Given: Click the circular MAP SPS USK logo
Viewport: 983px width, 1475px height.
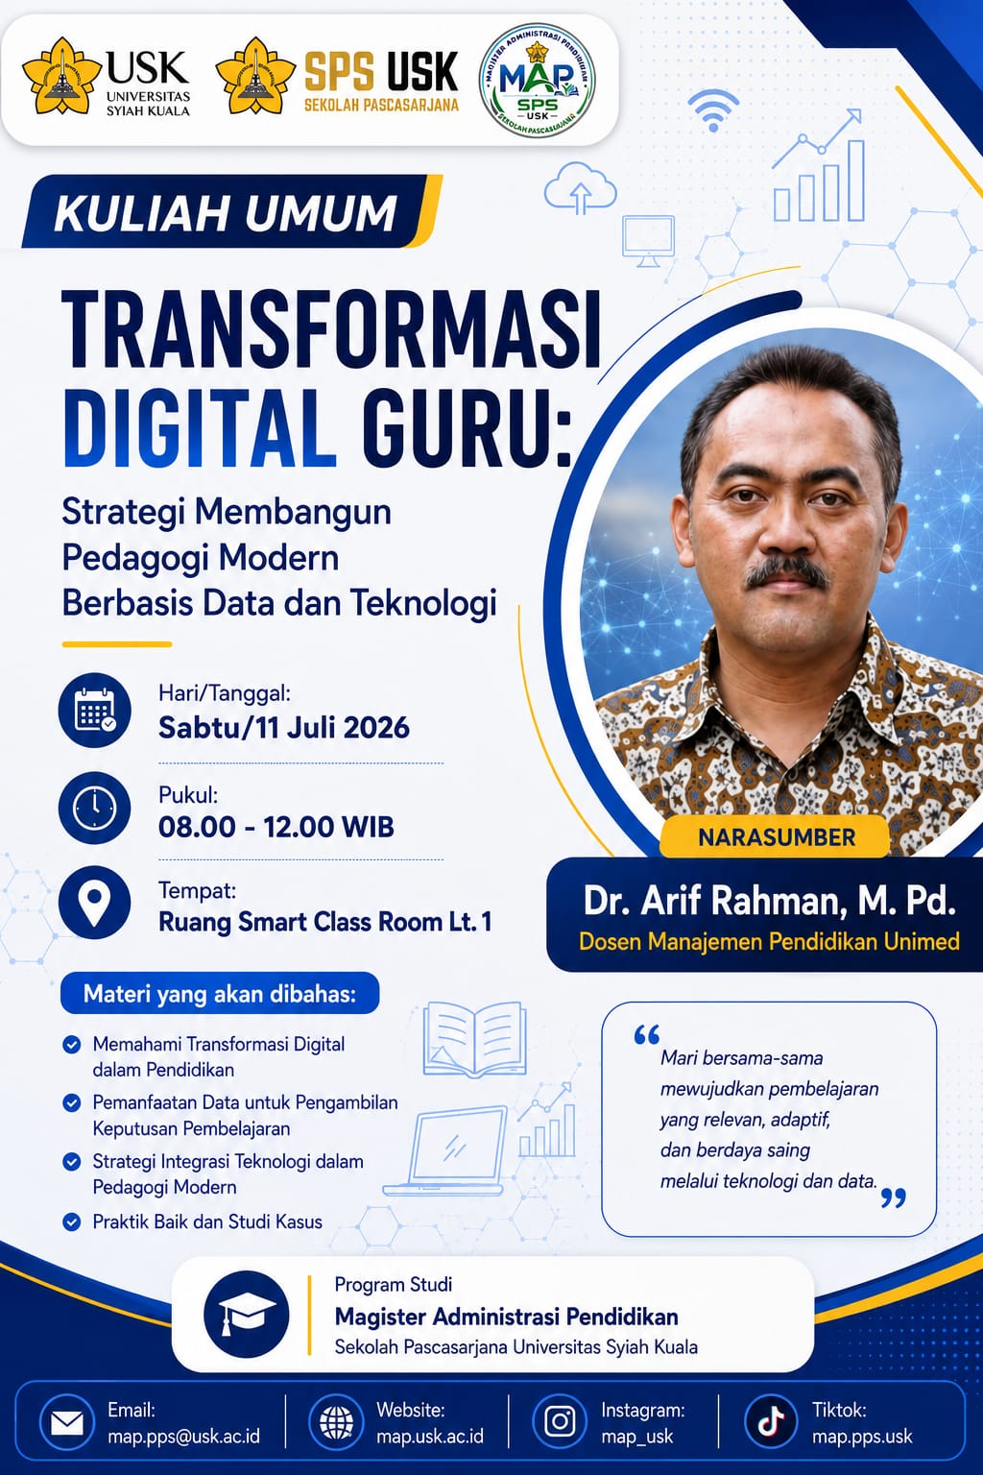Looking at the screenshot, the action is click(538, 81).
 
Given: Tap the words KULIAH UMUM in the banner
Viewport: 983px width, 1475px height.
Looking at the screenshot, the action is click(226, 212).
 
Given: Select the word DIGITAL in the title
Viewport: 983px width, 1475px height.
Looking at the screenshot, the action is click(199, 428).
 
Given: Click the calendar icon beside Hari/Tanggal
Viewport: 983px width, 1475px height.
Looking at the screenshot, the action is click(95, 710).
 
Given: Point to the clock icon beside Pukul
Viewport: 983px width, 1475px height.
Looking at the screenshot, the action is click(95, 808).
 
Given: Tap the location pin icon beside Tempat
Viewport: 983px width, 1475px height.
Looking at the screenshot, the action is click(95, 902).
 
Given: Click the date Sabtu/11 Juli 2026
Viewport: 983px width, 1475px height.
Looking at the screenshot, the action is click(284, 728).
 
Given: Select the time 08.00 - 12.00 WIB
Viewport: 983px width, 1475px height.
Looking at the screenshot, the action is click(276, 827).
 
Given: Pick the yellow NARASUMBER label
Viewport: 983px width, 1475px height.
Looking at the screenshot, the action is click(776, 836).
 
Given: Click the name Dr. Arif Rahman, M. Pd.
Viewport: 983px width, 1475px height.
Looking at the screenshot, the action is click(769, 901).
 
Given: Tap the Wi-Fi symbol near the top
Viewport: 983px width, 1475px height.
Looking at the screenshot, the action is click(713, 110).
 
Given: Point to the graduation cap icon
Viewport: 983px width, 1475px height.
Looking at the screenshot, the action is click(247, 1315).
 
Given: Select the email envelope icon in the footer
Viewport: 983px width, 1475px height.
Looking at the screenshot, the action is click(67, 1424).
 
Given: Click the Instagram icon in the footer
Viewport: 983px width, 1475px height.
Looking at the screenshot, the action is click(560, 1421).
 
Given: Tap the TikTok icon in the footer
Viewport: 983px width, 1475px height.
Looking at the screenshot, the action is click(771, 1421).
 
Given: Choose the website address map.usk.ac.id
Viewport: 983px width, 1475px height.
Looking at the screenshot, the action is click(430, 1437).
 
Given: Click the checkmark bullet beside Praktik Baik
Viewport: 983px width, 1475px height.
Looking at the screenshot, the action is click(71, 1222).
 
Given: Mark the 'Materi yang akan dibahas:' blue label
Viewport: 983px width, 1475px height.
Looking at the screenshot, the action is click(220, 994).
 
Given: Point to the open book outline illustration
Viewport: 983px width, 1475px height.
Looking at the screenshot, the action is click(475, 1039).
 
